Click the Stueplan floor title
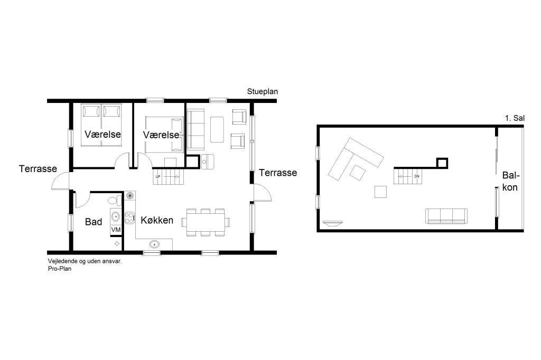pyautogui.click(x=262, y=92)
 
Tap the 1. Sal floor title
pyautogui.click(x=515, y=118)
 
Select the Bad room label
pyautogui.click(x=94, y=222)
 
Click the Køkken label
pyautogui.click(x=157, y=220)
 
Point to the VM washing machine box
pyautogui.click(x=116, y=229)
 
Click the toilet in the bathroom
pyautogui.click(x=115, y=201)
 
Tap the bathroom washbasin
pyautogui.click(x=116, y=216)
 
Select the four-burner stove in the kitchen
pyautogui.click(x=130, y=217)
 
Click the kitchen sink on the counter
pyautogui.click(x=155, y=244)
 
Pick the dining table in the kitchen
pyautogui.click(x=206, y=222)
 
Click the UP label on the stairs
pyautogui.click(x=158, y=176)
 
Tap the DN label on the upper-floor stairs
pyautogui.click(x=417, y=176)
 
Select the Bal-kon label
pyautogui.click(x=510, y=182)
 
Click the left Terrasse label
pyautogui.click(x=38, y=168)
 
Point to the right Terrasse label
pyautogui.click(x=278, y=173)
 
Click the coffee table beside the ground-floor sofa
pyautogui.click(x=217, y=130)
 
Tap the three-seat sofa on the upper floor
pyautogui.click(x=446, y=216)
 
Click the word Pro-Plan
pyautogui.click(x=60, y=269)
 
